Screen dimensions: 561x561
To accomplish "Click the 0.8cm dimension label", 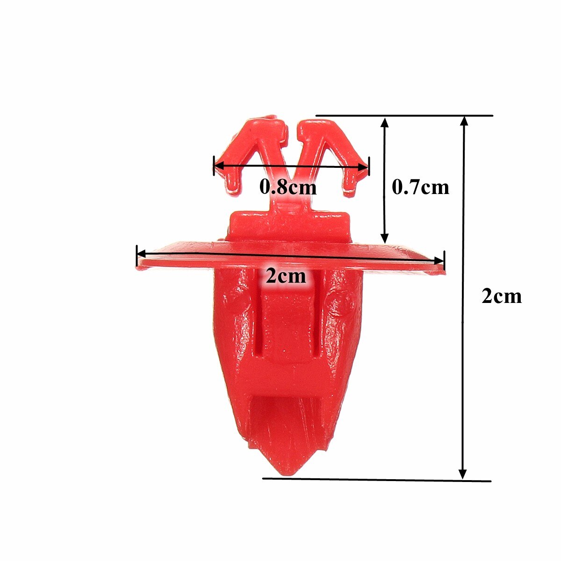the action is point(288,187).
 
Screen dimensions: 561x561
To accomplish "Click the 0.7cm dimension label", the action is point(420,187).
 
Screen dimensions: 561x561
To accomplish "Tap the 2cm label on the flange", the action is point(286,276).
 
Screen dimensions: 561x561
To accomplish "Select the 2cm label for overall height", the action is point(501,296).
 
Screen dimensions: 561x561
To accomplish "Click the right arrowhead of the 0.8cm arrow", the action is point(364,167).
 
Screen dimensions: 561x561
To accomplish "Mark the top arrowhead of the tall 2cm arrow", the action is point(464,121).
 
